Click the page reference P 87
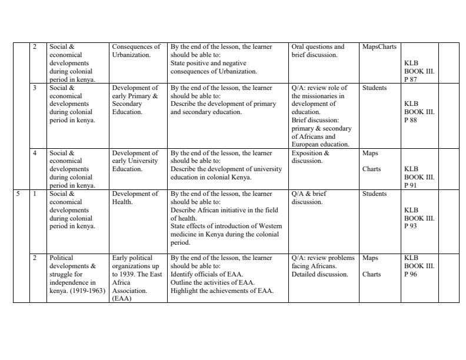pyautogui.click(x=410, y=79)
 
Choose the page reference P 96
pyautogui.click(x=410, y=274)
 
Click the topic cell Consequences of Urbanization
pyautogui.click(x=135, y=51)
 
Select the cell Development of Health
pyautogui.click(x=135, y=198)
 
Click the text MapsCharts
pyautogui.click(x=380, y=46)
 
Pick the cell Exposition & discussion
pyautogui.click(x=310, y=157)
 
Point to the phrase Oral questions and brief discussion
pyautogui.click(x=317, y=51)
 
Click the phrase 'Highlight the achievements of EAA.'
pyautogui.click(x=222, y=291)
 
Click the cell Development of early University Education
pyautogui.click(x=135, y=161)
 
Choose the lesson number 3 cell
pyautogui.click(x=35, y=88)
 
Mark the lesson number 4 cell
pyautogui.click(x=35, y=153)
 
